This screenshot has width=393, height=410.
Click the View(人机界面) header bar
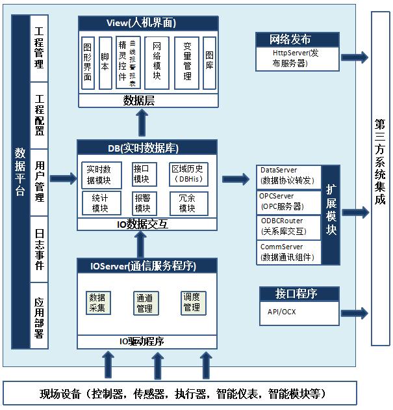click(x=141, y=23)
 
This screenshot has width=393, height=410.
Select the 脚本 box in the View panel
click(x=105, y=62)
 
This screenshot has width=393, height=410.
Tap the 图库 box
click(x=209, y=61)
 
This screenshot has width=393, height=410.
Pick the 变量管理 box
click(x=187, y=61)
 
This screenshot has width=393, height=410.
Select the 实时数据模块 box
click(x=99, y=174)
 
